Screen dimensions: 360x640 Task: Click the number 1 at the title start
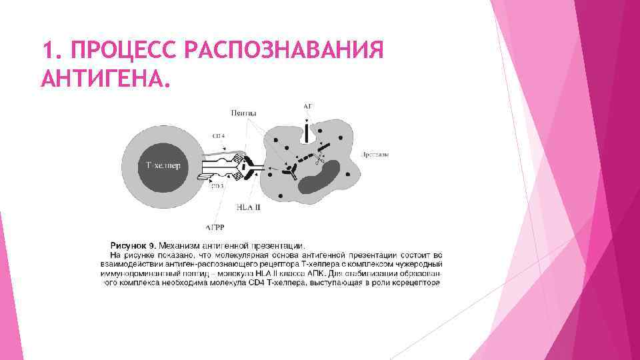pos(47,50)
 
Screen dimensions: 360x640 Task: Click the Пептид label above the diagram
pos(244,113)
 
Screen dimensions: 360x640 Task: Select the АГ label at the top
pos(307,106)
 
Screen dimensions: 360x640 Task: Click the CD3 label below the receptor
pos(217,186)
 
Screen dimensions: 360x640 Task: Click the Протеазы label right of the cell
pos(375,155)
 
